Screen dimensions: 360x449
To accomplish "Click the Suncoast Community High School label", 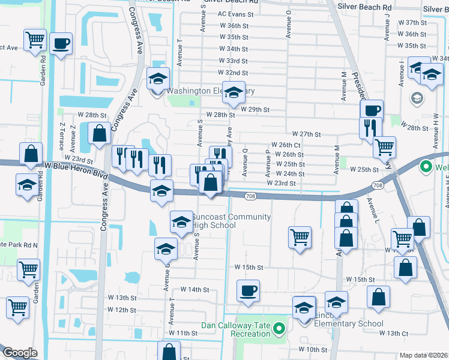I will [x=231, y=221].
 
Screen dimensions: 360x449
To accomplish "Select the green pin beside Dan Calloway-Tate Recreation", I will [x=279, y=328].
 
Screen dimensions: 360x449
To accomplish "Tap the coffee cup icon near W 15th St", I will [x=248, y=291].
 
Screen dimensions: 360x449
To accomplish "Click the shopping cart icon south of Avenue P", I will [x=299, y=236].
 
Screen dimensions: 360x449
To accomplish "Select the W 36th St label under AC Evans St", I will [x=234, y=26].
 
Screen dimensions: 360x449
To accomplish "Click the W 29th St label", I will [x=255, y=109].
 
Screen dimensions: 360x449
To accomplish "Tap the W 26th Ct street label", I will [x=286, y=145].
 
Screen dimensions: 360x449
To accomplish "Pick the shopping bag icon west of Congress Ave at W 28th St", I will [x=99, y=134].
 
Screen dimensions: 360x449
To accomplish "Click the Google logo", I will [x=20, y=353].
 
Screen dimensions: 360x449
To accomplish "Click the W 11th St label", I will [x=183, y=332].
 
